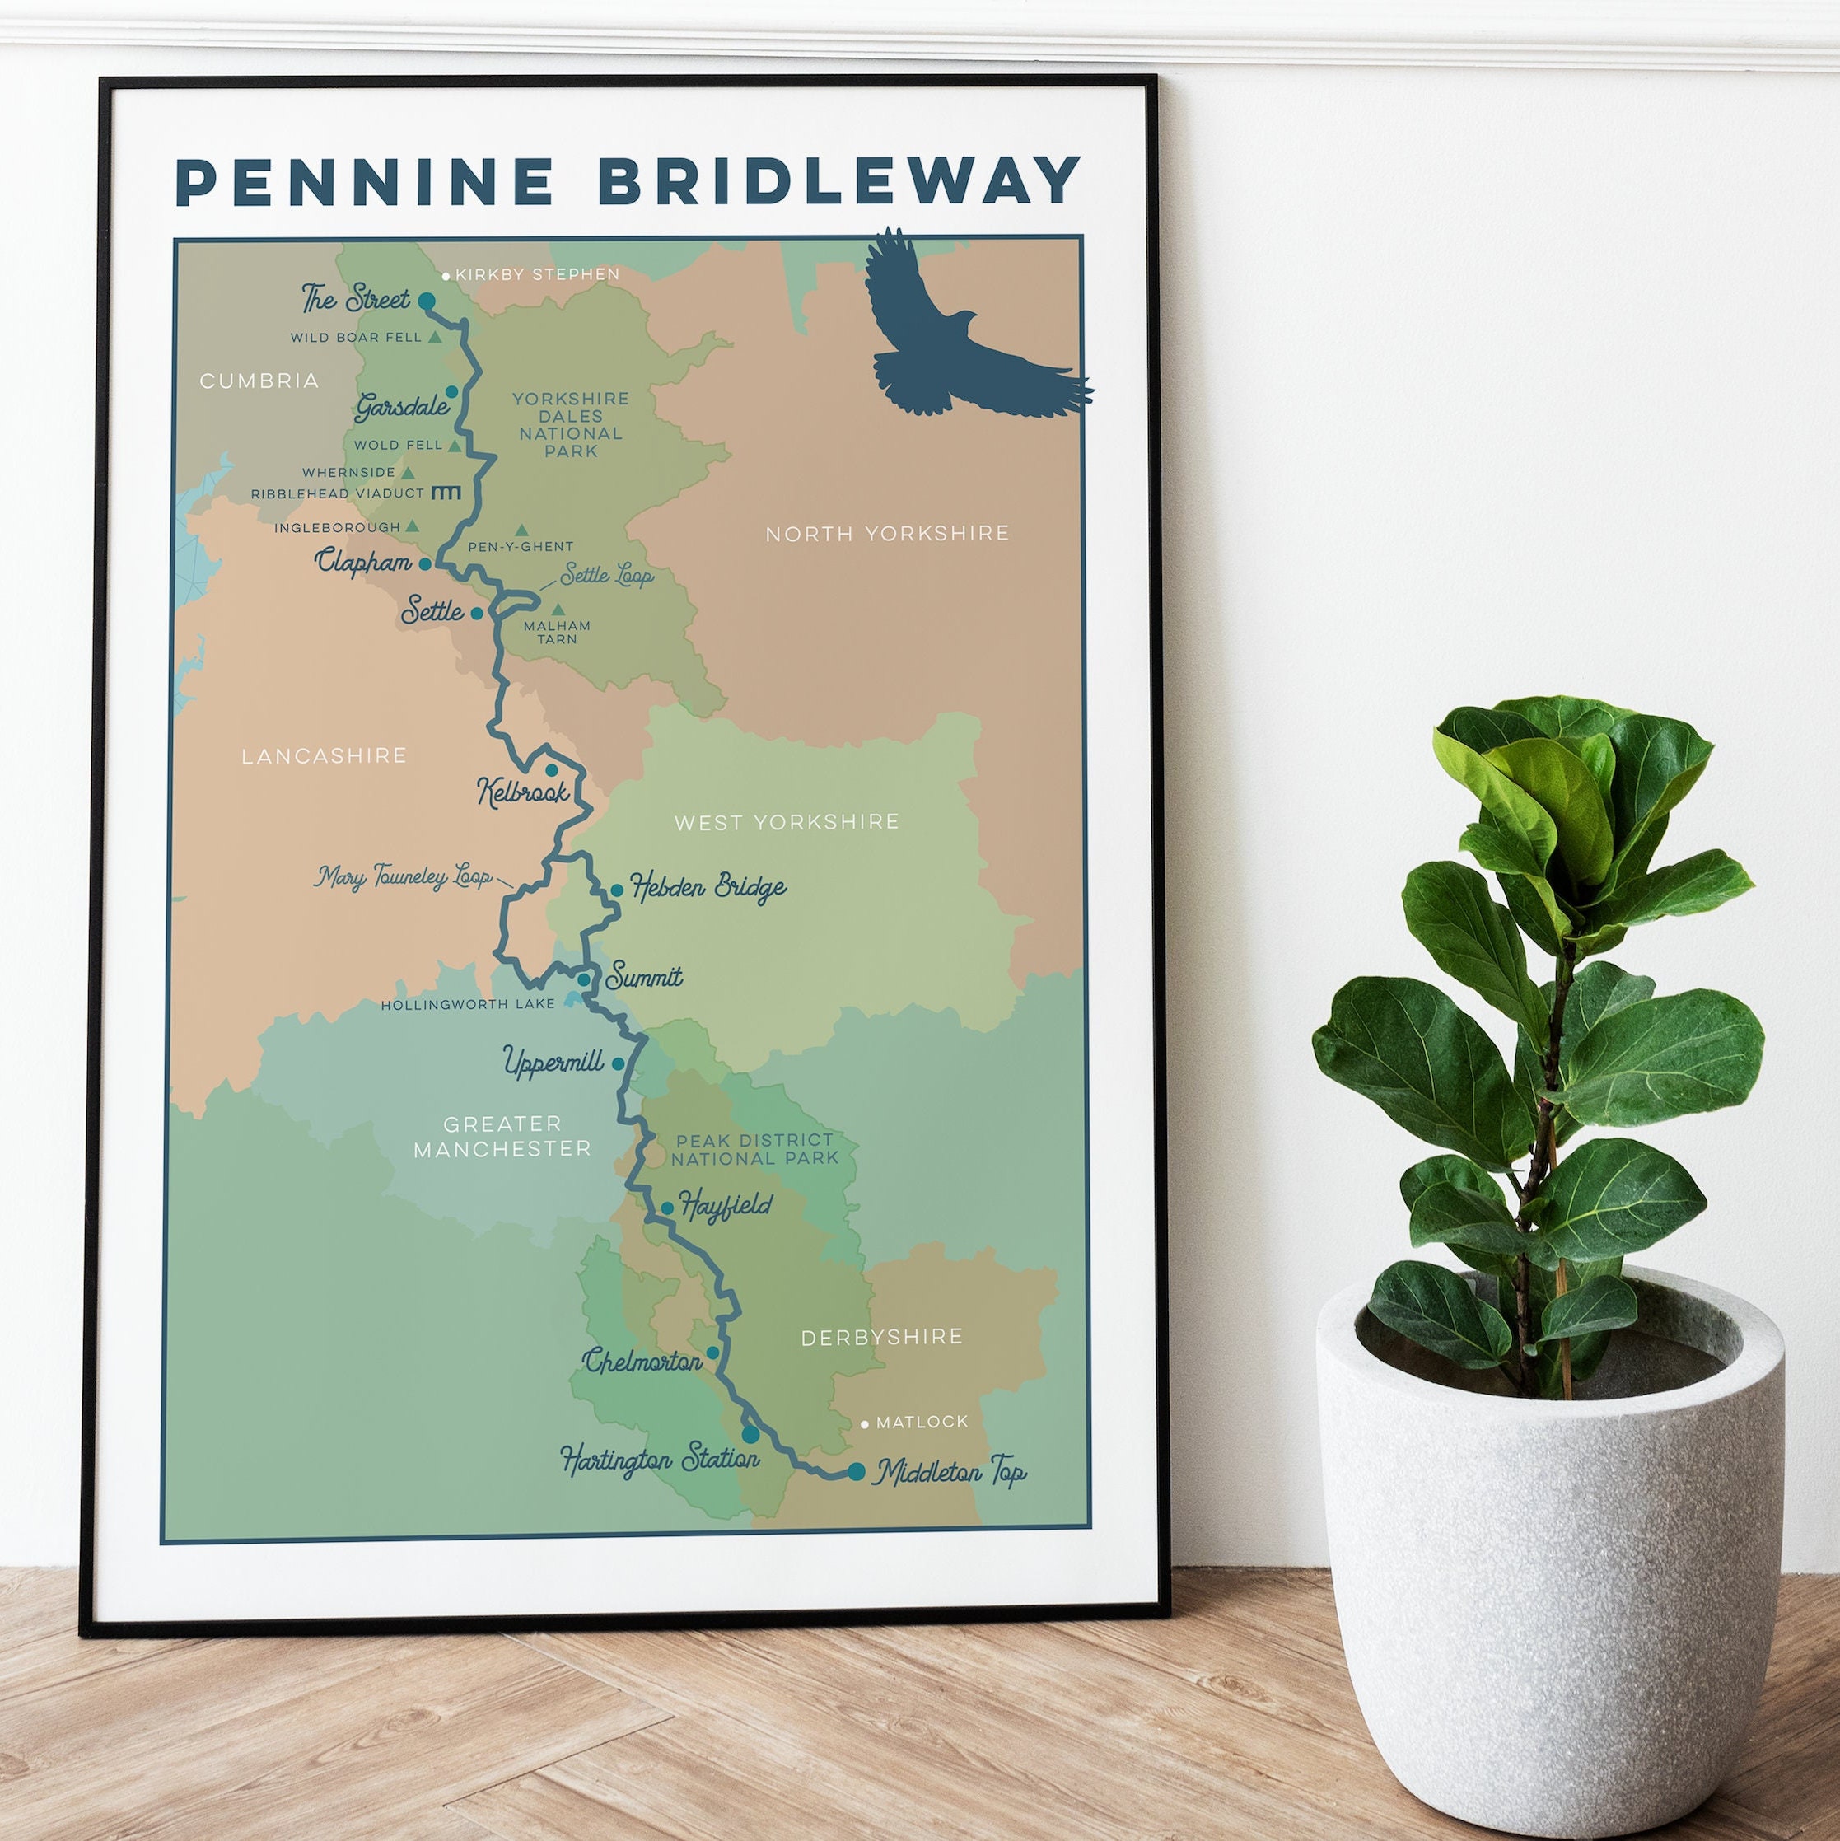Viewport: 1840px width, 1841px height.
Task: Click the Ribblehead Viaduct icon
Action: (446, 493)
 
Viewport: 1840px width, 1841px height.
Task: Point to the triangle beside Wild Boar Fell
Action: (436, 336)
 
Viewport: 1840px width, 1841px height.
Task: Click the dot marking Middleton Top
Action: (856, 1471)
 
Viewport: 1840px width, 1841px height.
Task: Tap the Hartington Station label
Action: (660, 1459)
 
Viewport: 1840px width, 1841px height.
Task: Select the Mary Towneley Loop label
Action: (404, 876)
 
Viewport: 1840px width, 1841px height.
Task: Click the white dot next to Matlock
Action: (864, 1424)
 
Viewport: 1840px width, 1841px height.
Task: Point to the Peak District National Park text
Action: (754, 1149)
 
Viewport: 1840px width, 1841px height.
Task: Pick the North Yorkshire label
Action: (887, 534)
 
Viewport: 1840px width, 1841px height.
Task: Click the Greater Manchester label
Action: (502, 1136)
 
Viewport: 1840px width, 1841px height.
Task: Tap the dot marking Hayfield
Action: (667, 1208)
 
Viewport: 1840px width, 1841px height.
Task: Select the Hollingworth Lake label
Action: (468, 1004)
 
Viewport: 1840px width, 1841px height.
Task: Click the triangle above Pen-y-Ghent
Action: (521, 530)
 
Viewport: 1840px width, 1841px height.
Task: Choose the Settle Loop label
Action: (607, 576)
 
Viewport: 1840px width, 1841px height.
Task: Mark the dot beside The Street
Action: (427, 300)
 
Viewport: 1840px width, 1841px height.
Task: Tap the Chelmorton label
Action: (643, 1362)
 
